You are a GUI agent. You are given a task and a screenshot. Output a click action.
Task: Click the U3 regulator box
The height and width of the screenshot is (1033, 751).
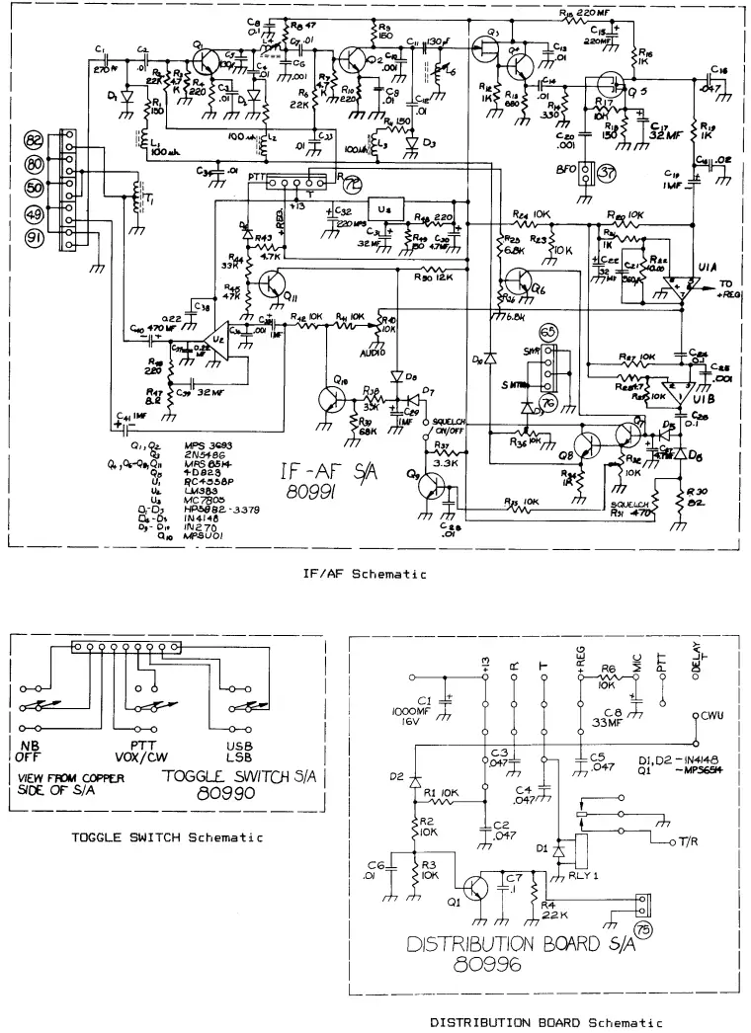click(x=385, y=210)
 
